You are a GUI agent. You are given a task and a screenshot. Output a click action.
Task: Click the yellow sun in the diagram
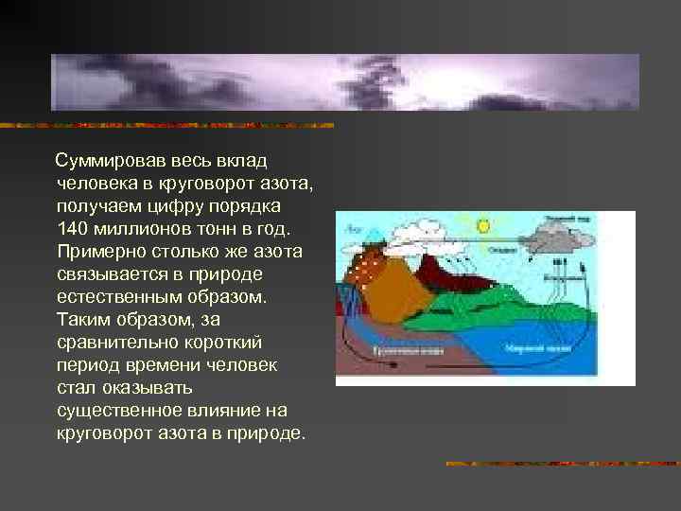pyautogui.click(x=484, y=226)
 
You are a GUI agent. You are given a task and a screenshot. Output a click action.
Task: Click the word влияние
pyautogui.click(x=228, y=411)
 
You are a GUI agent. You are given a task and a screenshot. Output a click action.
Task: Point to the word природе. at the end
pyautogui.click(x=270, y=433)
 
